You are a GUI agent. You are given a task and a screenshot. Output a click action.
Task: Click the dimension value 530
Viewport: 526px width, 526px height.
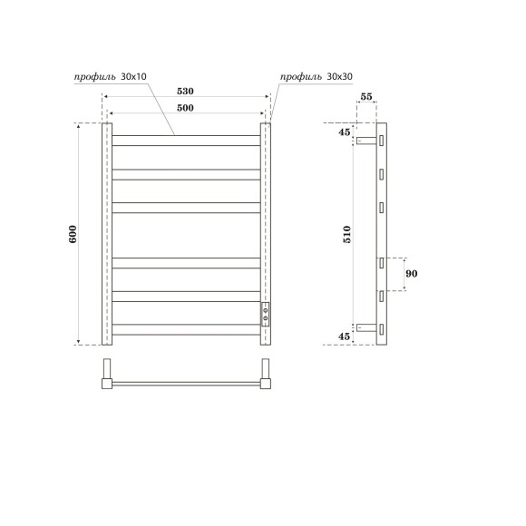[x=185, y=91]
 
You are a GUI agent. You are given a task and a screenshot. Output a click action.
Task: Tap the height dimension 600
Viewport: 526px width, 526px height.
[x=72, y=233]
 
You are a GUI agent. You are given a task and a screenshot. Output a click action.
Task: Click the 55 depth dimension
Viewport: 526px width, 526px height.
[x=367, y=96]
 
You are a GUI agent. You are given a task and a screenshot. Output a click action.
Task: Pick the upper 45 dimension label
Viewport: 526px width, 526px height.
[x=345, y=132]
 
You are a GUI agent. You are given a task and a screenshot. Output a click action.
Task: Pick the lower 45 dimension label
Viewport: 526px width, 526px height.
[x=345, y=336]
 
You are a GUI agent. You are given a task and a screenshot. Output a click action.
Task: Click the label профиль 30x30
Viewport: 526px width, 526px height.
[x=316, y=76]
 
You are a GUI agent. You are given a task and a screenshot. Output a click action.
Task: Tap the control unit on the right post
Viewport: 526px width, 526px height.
[x=266, y=314]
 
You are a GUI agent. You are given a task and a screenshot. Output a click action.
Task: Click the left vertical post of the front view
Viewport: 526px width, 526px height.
[x=106, y=234]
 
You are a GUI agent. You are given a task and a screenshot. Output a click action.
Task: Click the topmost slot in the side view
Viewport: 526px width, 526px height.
[x=383, y=141]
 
